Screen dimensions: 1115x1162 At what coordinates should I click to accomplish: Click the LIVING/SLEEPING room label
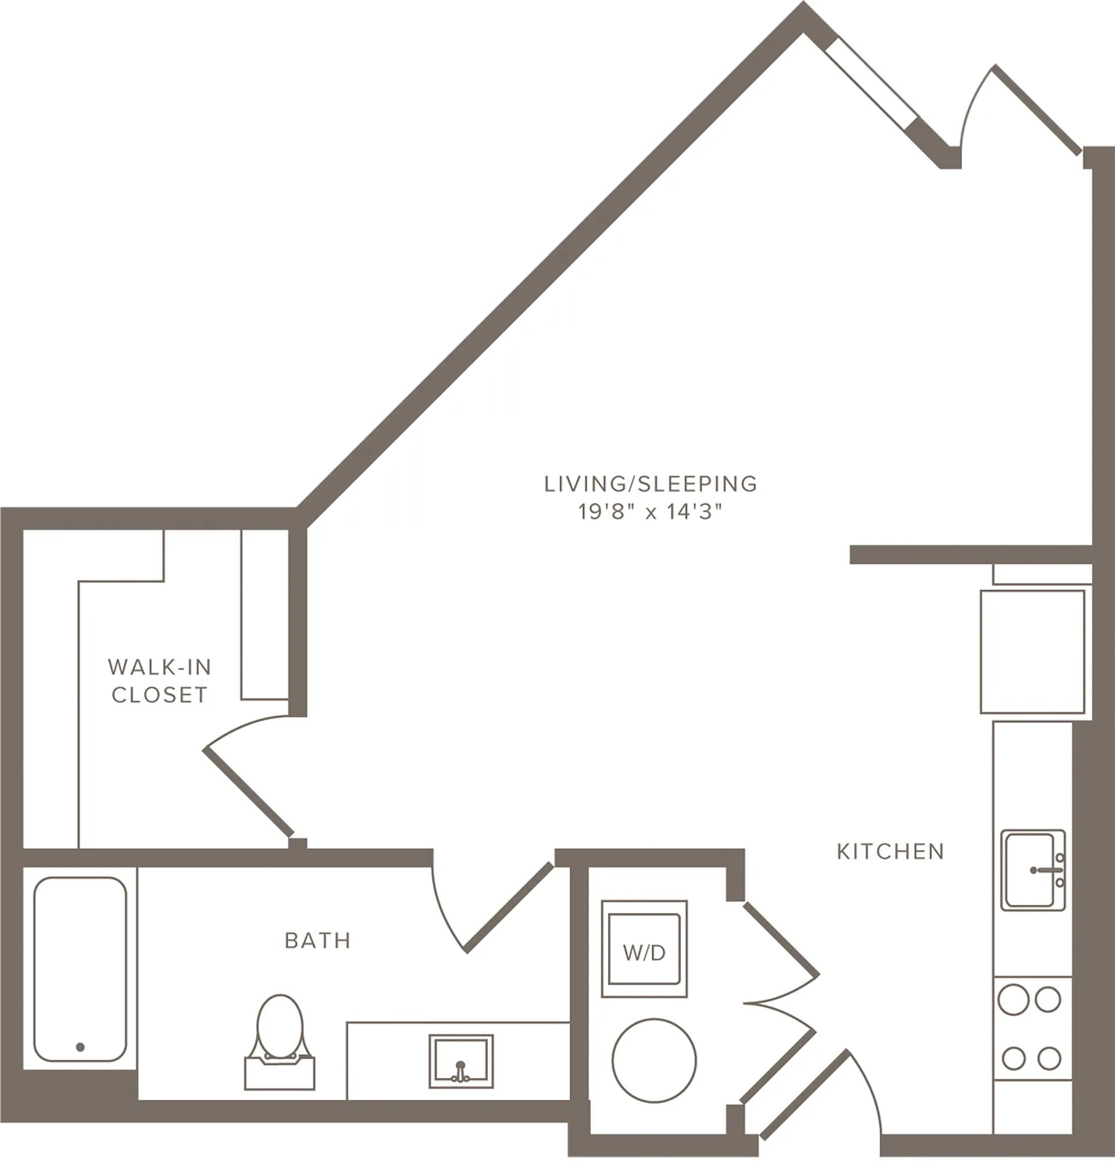651,484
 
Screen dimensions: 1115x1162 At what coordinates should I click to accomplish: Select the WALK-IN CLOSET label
159,680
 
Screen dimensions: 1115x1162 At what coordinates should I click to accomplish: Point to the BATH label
318,940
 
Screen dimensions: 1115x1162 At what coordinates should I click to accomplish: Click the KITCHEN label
890,851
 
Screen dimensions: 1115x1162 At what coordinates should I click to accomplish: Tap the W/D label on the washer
644,953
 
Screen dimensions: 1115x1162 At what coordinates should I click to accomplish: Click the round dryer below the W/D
654,1061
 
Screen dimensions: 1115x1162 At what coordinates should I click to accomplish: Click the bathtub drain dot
80,1047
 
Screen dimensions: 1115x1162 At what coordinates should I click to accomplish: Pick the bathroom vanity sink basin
461,1061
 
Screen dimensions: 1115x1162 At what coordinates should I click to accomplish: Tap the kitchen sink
1033,870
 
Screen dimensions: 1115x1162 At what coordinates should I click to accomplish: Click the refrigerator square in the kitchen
1032,651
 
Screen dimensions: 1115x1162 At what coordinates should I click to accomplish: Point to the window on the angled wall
870,84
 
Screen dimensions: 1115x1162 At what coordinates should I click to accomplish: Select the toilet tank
280,1074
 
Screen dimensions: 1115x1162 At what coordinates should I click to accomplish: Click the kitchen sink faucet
1049,870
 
